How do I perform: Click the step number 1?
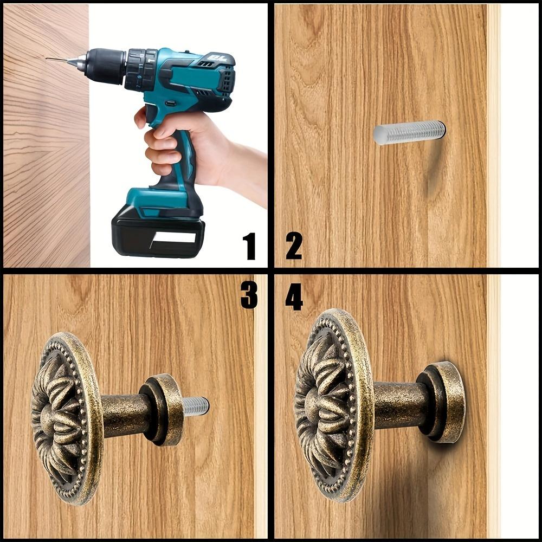click(x=249, y=246)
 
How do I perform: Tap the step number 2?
click(x=294, y=246)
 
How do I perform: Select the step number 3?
click(x=249, y=294)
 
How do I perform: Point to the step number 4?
click(x=294, y=296)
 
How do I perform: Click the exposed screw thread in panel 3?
click(x=195, y=406)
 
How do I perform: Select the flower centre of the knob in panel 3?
click(x=48, y=418)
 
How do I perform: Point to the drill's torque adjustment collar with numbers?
click(x=141, y=70)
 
